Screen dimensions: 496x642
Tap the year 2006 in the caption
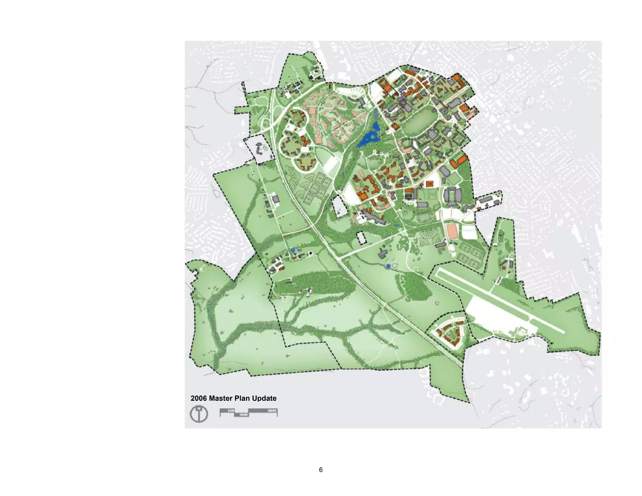[199, 398]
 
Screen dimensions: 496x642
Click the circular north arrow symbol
[199, 414]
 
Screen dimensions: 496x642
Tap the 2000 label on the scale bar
[272, 410]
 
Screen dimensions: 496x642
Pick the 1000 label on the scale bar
[244, 415]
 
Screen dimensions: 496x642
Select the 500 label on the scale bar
[231, 410]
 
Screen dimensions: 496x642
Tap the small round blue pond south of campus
[388, 266]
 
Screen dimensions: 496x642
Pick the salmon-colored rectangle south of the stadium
[452, 231]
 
